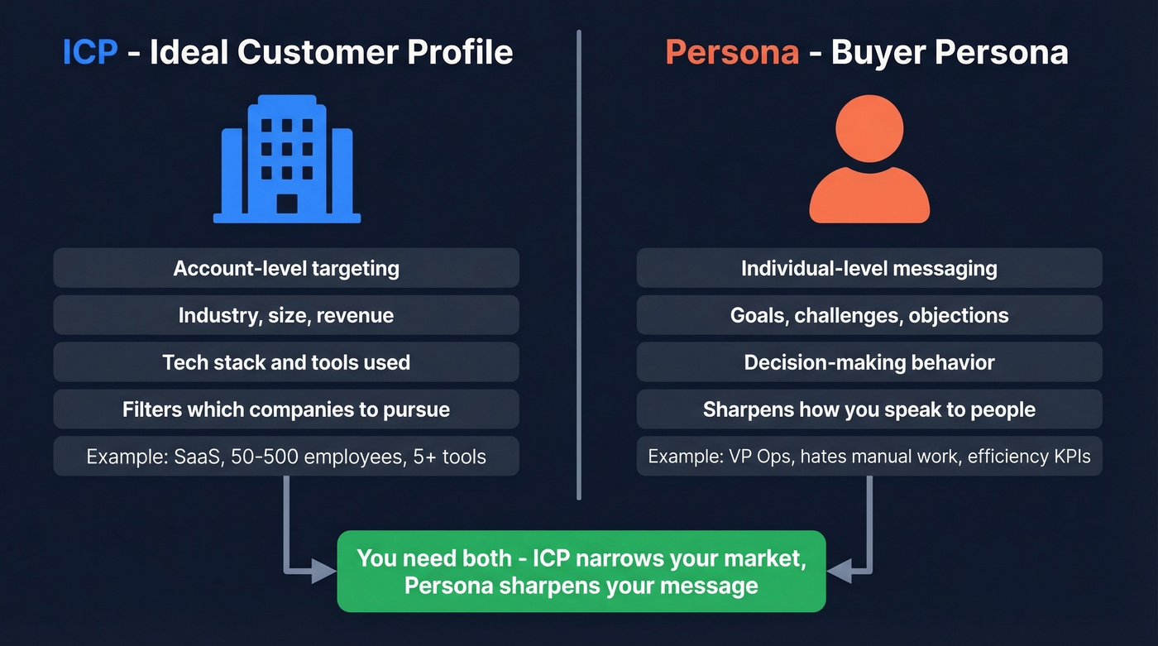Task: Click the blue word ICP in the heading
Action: click(90, 52)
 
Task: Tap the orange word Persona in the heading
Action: click(731, 52)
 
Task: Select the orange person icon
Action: click(868, 160)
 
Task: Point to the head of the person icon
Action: click(868, 129)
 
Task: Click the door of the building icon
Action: click(286, 203)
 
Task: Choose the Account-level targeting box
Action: click(286, 268)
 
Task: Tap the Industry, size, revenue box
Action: click(286, 315)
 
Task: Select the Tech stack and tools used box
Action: click(286, 362)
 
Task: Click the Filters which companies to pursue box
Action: click(286, 409)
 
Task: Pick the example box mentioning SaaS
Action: click(286, 457)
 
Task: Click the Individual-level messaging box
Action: click(868, 268)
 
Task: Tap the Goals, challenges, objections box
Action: click(868, 315)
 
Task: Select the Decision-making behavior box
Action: click(868, 362)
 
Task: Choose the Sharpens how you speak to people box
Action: click(868, 409)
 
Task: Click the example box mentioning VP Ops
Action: click(868, 457)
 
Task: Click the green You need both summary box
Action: click(581, 572)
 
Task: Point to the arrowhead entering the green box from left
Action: click(324, 572)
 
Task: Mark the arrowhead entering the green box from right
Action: click(839, 572)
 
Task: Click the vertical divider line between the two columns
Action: click(578, 265)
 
